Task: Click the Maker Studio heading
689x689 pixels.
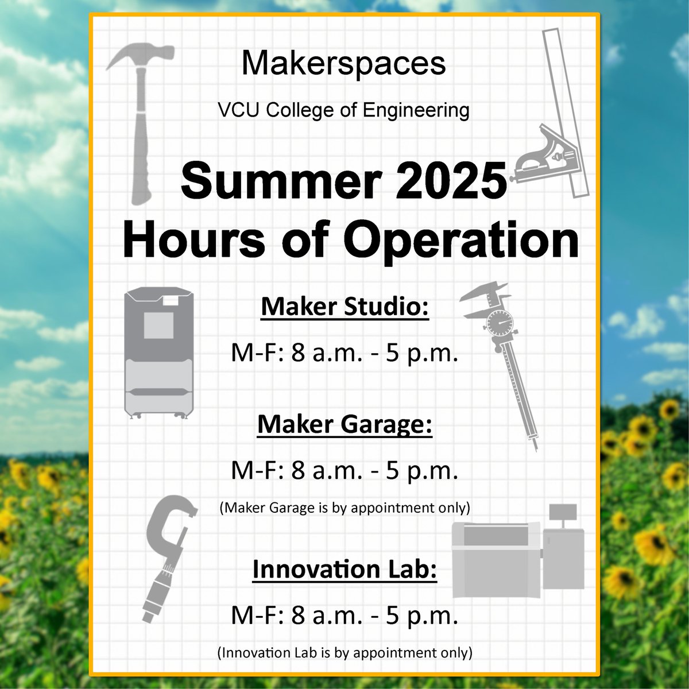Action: (x=345, y=307)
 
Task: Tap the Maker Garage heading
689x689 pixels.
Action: (x=344, y=425)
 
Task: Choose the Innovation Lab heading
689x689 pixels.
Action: (x=344, y=570)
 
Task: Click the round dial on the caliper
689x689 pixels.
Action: (x=501, y=324)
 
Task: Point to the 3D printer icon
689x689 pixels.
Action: (x=159, y=353)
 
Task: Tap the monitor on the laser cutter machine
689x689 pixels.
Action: (x=563, y=511)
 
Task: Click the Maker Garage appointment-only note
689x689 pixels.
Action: (x=344, y=508)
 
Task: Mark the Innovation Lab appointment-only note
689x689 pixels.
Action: (x=344, y=653)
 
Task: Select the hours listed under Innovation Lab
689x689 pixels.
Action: (x=344, y=616)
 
